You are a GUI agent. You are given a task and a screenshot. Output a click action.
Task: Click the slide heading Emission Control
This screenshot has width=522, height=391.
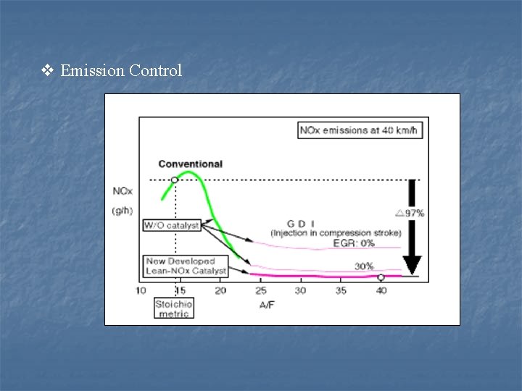121,70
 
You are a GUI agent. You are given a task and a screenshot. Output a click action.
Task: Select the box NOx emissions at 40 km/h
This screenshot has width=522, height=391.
361,131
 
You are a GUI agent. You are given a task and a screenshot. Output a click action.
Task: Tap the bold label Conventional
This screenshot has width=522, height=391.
190,164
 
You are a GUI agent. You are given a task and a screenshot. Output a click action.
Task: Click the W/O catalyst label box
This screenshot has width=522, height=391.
171,225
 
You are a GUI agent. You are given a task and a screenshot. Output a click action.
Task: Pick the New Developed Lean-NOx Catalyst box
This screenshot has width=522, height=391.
186,266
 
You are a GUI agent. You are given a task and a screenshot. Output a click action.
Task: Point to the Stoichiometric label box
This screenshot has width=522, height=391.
173,308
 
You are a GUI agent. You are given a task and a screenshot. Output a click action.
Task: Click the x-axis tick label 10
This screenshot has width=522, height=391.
141,290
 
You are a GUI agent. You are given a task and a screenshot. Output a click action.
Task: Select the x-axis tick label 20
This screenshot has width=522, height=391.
220,290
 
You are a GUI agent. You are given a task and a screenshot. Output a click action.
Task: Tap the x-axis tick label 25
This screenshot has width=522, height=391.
260,290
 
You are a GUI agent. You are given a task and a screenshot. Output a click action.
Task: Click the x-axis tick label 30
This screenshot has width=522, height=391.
300,290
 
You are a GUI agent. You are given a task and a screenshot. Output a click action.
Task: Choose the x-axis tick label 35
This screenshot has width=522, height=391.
341,290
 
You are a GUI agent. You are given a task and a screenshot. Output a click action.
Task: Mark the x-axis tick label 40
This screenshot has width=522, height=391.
381,290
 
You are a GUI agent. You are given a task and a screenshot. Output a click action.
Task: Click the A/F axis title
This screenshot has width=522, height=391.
267,305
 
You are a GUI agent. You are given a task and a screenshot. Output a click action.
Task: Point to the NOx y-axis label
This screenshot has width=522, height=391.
122,192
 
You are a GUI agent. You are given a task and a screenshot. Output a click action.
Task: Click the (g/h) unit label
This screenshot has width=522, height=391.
120,211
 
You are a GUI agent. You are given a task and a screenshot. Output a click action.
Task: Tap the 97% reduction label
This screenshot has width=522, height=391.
410,213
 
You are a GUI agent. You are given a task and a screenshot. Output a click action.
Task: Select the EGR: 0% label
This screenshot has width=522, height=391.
354,243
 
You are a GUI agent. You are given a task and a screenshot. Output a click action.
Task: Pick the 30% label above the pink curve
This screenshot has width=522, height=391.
364,266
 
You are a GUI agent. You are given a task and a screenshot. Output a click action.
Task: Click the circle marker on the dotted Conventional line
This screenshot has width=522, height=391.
174,180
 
